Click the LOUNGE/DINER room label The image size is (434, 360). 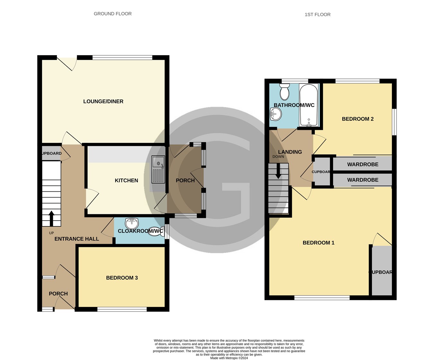[103, 101]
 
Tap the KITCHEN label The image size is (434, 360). [126, 180]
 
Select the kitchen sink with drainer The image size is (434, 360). [158, 169]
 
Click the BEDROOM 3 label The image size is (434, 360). [122, 278]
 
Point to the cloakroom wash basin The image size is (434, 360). [132, 223]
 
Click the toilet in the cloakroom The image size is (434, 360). [156, 231]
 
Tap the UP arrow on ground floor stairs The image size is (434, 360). [51, 218]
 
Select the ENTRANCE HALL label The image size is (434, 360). [77, 239]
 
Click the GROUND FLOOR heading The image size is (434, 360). [113, 14]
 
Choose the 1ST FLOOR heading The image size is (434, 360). [317, 14]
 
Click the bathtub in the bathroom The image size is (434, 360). [309, 105]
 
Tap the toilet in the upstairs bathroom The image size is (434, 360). [285, 92]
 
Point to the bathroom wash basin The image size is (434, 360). [275, 114]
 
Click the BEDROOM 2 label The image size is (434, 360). [357, 119]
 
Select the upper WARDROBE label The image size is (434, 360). [363, 164]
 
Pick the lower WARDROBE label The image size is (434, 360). [363, 180]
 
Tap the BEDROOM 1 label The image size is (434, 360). [318, 243]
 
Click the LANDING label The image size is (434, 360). [290, 152]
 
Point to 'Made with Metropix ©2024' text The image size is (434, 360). [229, 358]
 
